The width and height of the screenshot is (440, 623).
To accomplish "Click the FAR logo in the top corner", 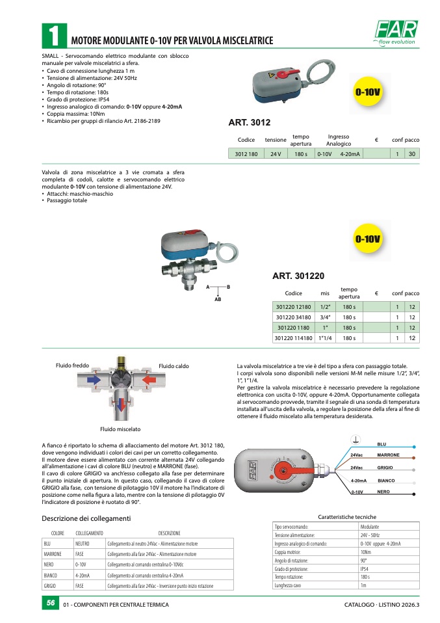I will pos(395,32).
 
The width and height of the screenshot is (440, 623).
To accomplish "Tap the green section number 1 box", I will pos(53,36).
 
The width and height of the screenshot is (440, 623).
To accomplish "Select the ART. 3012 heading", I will pos(250,122).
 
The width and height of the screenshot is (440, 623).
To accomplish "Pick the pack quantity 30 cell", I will pos(411,154).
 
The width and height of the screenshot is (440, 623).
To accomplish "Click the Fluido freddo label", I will pos(71,365).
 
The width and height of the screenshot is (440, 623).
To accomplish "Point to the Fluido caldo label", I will pos(174,366).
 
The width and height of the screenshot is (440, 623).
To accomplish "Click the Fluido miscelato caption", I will pos(120,429).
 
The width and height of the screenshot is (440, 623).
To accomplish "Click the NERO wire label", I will pos(383,492).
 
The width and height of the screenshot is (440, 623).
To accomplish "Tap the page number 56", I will pos(49,604).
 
